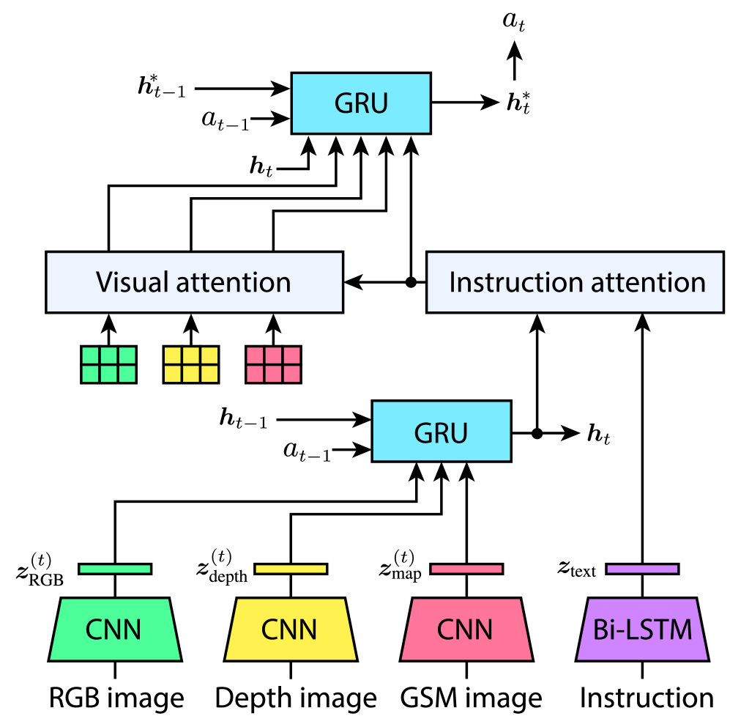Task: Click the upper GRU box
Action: point(361,103)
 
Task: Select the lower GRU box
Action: point(441,431)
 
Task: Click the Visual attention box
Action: point(194,282)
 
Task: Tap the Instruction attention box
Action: point(575,282)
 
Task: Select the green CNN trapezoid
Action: point(114,630)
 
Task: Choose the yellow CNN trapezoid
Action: point(290,630)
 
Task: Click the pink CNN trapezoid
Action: point(466,630)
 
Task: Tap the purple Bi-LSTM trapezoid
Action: point(642,630)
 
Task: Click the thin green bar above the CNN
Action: point(115,569)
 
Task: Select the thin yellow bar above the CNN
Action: point(291,569)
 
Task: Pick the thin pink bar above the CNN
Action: point(466,569)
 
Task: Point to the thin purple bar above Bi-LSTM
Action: point(642,569)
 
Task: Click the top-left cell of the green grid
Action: point(91,355)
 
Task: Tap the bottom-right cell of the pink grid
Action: point(291,374)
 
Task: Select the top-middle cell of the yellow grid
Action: point(191,355)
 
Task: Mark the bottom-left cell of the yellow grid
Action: point(173,374)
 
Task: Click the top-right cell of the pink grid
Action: point(291,355)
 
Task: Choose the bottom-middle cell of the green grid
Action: point(109,374)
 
